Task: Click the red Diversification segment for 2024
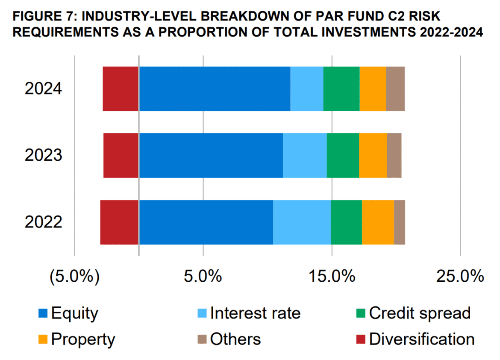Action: click(x=121, y=89)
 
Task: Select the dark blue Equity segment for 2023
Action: click(x=211, y=155)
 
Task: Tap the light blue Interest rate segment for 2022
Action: click(x=302, y=222)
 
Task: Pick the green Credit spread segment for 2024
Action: click(x=341, y=89)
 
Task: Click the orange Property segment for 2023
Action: click(x=373, y=155)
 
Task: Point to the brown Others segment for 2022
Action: click(x=399, y=222)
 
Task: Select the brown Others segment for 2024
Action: click(x=395, y=89)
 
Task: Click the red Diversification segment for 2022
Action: click(x=119, y=222)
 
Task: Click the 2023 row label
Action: click(x=44, y=155)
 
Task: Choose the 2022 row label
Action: click(x=44, y=222)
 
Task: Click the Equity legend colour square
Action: click(x=43, y=313)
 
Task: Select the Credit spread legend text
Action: click(x=419, y=313)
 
